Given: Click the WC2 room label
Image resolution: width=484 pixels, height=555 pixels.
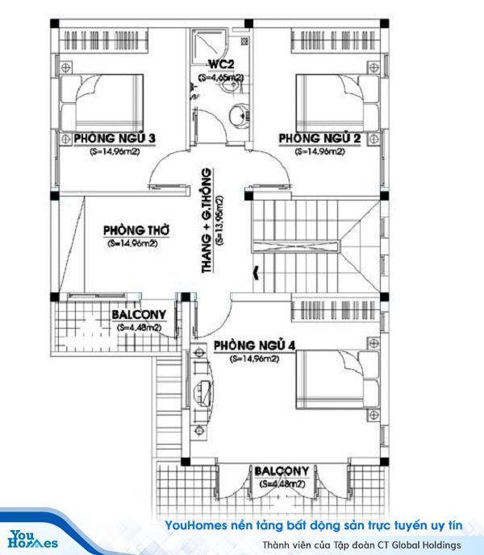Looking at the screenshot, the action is tap(221, 64).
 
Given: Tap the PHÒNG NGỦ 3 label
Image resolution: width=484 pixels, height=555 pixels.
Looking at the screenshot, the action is tap(115, 139).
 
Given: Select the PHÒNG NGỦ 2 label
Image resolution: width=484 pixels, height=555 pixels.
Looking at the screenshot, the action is tap(319, 139).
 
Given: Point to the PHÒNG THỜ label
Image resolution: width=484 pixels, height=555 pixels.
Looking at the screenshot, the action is tap(136, 230).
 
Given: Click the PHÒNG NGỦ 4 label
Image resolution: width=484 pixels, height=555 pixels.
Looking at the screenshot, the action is tap(255, 346).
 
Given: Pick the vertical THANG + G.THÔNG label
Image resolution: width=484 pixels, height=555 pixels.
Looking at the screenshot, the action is tap(207, 220).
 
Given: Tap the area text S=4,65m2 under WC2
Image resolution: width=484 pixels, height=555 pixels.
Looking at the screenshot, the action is tap(221, 77).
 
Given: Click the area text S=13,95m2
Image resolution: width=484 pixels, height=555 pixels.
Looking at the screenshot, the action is tap(220, 220).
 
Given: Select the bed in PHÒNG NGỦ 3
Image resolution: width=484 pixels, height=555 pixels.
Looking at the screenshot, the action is tap(102, 102).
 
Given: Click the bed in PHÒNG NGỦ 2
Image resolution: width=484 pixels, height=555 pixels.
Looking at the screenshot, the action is tap(337, 102).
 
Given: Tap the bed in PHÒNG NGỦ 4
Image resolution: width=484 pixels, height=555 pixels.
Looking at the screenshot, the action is tap(337, 379).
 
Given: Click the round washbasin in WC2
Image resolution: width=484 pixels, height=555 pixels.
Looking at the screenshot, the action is tap(238, 114).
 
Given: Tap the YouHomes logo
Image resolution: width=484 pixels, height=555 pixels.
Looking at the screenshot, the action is tap(32, 539).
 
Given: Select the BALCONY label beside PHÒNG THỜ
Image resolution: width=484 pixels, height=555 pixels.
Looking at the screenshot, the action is tap(139, 315).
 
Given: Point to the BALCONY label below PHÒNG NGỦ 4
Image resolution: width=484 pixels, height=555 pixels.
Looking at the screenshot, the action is tap(282, 471).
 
